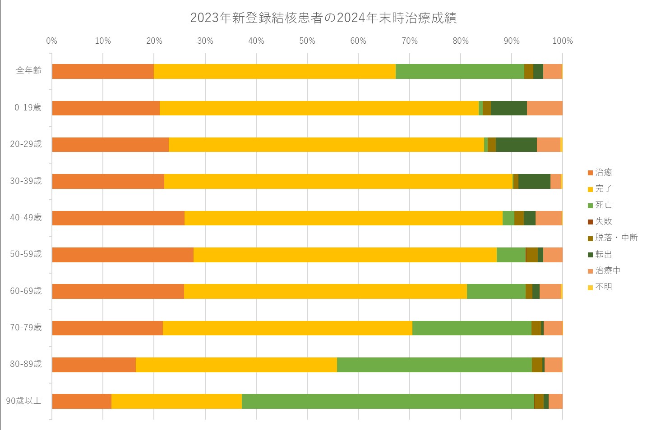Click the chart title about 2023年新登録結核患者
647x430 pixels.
click(x=323, y=18)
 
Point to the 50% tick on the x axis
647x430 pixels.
click(x=307, y=41)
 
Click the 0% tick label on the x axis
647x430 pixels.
click(x=52, y=41)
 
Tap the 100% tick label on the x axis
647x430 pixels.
click(x=562, y=41)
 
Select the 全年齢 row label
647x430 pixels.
click(x=29, y=71)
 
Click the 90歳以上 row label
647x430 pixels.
click(x=24, y=401)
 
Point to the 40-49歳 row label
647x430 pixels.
click(x=26, y=217)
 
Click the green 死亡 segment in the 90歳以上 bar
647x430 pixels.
click(x=388, y=401)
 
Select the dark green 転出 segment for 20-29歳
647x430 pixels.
click(x=516, y=145)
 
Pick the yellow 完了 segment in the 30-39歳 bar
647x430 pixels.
click(x=338, y=181)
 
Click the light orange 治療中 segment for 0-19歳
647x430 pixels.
click(x=545, y=108)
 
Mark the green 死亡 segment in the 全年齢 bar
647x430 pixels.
click(x=460, y=71)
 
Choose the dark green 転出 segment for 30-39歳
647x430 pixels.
click(x=534, y=181)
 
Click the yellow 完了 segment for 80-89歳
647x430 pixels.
click(x=236, y=365)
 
